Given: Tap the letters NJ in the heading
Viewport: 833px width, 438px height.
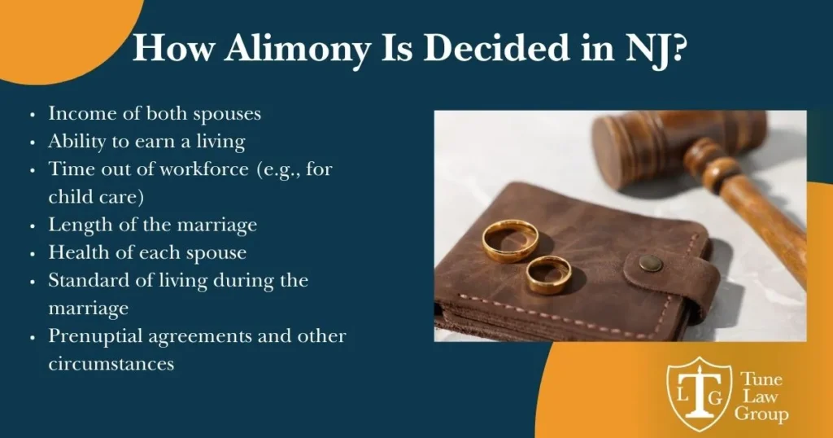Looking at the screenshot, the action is [644, 49].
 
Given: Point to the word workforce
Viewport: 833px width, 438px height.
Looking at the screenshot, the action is [204, 169].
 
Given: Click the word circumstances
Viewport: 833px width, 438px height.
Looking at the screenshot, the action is [111, 364].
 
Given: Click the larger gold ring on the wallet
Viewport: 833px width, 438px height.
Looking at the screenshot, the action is [510, 241].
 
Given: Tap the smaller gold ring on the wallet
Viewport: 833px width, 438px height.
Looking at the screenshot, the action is [549, 275].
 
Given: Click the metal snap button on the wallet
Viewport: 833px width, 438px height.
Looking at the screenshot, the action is [650, 263].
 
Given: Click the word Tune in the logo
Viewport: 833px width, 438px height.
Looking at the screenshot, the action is [761, 379].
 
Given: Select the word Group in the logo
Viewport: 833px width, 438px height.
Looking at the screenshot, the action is [761, 414].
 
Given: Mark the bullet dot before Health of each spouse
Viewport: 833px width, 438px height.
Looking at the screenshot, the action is [33, 253].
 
